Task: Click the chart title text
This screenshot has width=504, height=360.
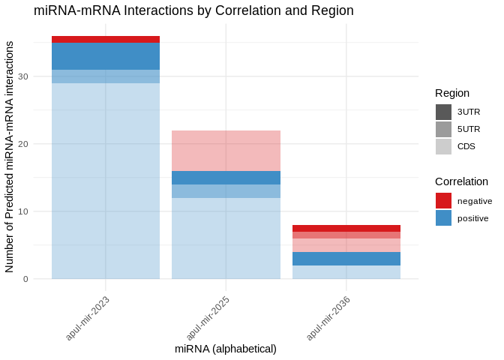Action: [x=193, y=10]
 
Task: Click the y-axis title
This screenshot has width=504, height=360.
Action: [x=10, y=157]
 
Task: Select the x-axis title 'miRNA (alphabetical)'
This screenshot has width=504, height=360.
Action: [x=226, y=349]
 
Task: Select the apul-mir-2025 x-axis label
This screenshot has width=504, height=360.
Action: [x=208, y=317]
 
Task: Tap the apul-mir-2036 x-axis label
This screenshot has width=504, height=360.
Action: [x=328, y=317]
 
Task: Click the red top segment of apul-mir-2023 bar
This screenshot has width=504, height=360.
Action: [x=106, y=40]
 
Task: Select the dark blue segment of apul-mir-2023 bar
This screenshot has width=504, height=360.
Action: [x=106, y=56]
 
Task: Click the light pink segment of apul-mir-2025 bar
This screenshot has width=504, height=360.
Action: [x=226, y=151]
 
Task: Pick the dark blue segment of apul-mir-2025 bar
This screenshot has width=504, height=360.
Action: [x=226, y=178]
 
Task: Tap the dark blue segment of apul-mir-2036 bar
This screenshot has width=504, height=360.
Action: [x=346, y=259]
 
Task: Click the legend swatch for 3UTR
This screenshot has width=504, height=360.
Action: [x=443, y=112]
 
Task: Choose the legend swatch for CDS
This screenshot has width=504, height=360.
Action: [x=443, y=146]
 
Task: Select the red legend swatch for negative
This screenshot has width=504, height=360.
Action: [x=443, y=201]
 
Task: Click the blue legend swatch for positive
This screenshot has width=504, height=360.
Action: [x=443, y=218]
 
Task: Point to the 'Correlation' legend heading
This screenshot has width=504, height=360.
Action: [x=461, y=181]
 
